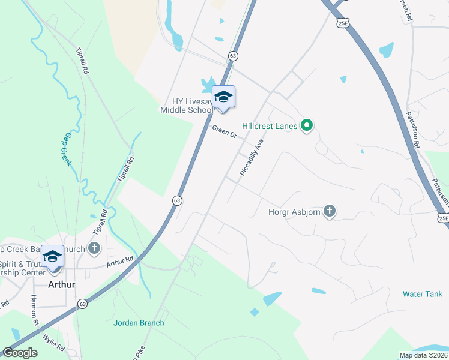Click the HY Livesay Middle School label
187,106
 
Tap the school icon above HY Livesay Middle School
223,97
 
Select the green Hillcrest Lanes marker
307,126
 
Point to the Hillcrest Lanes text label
270,127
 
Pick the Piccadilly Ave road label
252,158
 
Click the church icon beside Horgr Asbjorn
329,211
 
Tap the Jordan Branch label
139,323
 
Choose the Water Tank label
423,294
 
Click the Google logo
20,353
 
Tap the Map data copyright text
424,355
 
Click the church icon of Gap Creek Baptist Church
94,248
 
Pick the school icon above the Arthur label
52,256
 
